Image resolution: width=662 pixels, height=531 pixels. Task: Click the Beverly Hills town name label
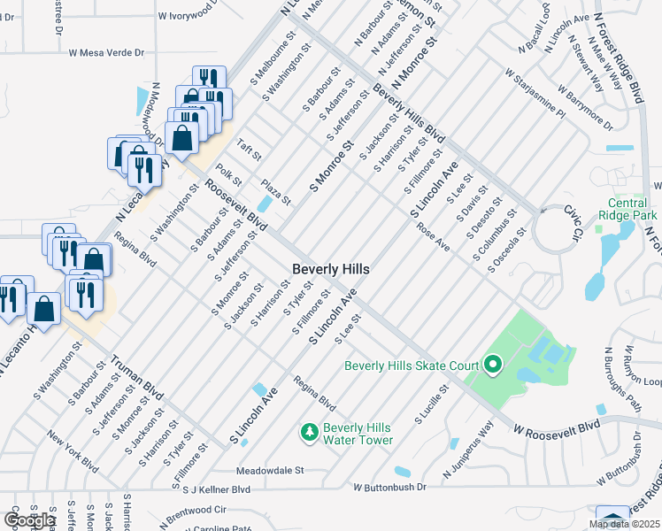[x=331, y=268]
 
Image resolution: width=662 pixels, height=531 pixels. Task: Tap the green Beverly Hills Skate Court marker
[x=493, y=365]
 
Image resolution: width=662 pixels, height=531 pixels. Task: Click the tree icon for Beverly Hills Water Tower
[x=309, y=432]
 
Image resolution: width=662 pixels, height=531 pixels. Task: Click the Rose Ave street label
[x=434, y=236]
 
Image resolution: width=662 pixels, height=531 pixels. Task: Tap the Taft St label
[x=249, y=151]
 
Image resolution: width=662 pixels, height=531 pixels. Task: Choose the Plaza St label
[x=276, y=192]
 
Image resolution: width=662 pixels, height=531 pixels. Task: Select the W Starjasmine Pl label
[x=535, y=95]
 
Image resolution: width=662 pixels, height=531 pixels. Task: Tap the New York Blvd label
[x=73, y=450]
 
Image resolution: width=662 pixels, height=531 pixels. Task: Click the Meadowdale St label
[x=270, y=471]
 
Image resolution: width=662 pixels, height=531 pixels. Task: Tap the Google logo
[x=29, y=519]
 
